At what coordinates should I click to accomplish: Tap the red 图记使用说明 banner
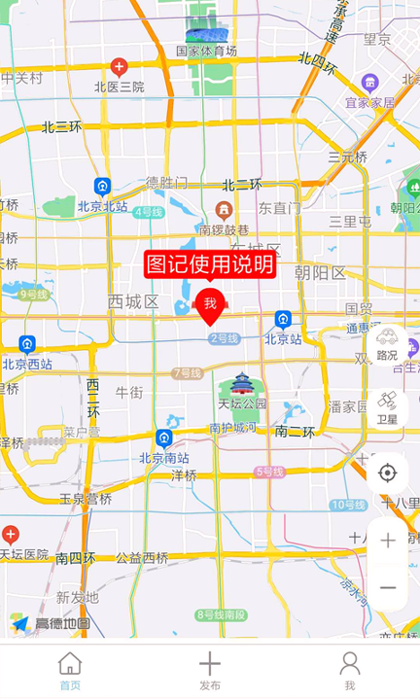click(210, 263)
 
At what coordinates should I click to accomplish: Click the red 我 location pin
click(210, 305)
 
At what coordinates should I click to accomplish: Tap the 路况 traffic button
click(387, 344)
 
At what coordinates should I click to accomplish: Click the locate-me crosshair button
click(387, 473)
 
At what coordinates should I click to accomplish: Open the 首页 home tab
click(70, 671)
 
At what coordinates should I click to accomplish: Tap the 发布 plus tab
click(210, 671)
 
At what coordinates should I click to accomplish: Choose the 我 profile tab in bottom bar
click(350, 671)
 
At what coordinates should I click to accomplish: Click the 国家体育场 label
click(206, 51)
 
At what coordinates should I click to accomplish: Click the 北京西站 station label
click(27, 365)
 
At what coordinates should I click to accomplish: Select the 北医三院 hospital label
click(119, 87)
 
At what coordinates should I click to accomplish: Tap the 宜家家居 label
click(369, 102)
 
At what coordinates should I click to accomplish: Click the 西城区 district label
click(133, 301)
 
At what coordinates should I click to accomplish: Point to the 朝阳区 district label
click(320, 273)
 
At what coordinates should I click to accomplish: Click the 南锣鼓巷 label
click(224, 230)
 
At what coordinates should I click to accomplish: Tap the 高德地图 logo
click(52, 623)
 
